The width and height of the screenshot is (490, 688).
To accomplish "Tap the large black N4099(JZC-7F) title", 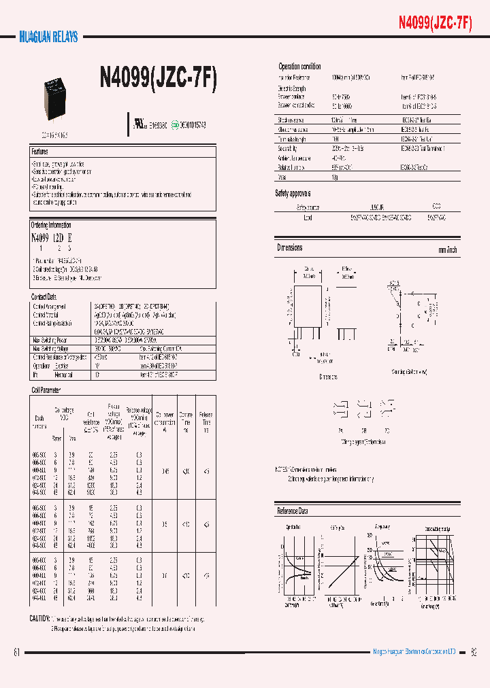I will (x=159, y=81).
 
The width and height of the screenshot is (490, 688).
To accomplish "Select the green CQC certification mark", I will (x=175, y=126).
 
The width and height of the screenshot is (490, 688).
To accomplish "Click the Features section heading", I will (x=39, y=151).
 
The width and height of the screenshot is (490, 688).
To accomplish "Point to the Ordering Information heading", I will (x=51, y=225).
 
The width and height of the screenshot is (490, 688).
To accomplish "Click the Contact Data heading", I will (x=44, y=297).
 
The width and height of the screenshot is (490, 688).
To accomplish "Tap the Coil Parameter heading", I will (x=46, y=390).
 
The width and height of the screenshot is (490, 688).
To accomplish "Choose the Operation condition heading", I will (x=299, y=67).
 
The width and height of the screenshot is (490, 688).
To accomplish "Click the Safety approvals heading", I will (x=293, y=194).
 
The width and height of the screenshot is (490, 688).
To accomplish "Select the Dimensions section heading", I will (x=290, y=248).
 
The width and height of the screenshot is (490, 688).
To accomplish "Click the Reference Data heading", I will (x=293, y=511).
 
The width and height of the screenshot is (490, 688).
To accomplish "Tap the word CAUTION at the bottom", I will (x=39, y=619).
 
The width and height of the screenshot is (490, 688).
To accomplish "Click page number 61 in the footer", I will (x=16, y=653).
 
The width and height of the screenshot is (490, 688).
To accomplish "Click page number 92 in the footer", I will (x=474, y=653).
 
